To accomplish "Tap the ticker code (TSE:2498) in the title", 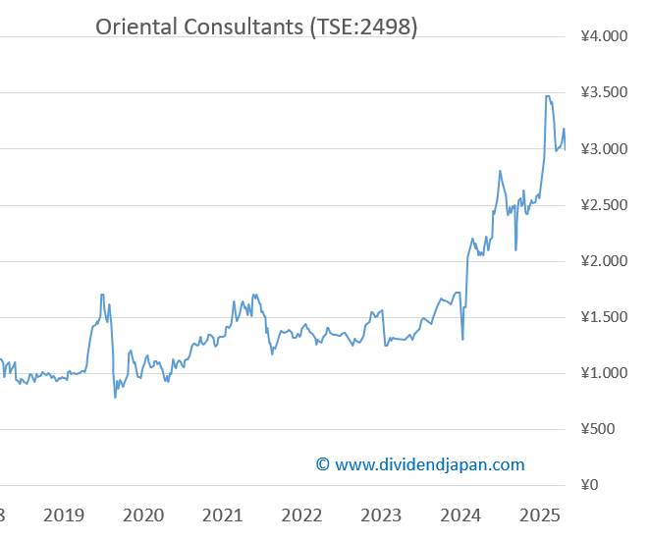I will pyautogui.click(x=362, y=27).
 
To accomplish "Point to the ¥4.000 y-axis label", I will pyautogui.click(x=604, y=37).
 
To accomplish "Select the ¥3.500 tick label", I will pyautogui.click(x=604, y=93).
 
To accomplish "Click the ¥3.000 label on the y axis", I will pyautogui.click(x=604, y=149).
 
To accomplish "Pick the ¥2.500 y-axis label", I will pyautogui.click(x=604, y=205).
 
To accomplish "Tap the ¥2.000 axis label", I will pyautogui.click(x=604, y=261).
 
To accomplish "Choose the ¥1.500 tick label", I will pyautogui.click(x=604, y=317).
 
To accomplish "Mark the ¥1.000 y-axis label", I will pyautogui.click(x=604, y=373).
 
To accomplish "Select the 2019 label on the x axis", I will pyautogui.click(x=64, y=515).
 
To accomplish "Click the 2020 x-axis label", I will pyautogui.click(x=143, y=515).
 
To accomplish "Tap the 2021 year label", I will pyautogui.click(x=223, y=515).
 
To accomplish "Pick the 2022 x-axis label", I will pyautogui.click(x=301, y=515).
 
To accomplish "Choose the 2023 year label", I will pyautogui.click(x=381, y=515).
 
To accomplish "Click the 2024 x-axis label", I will pyautogui.click(x=460, y=515).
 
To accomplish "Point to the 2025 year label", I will pyautogui.click(x=539, y=515).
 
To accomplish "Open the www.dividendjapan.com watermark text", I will pyautogui.click(x=429, y=464).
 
